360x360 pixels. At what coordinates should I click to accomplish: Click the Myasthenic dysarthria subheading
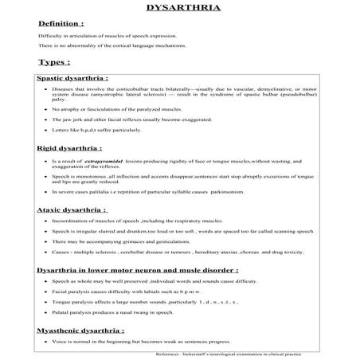[x=80, y=329]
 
